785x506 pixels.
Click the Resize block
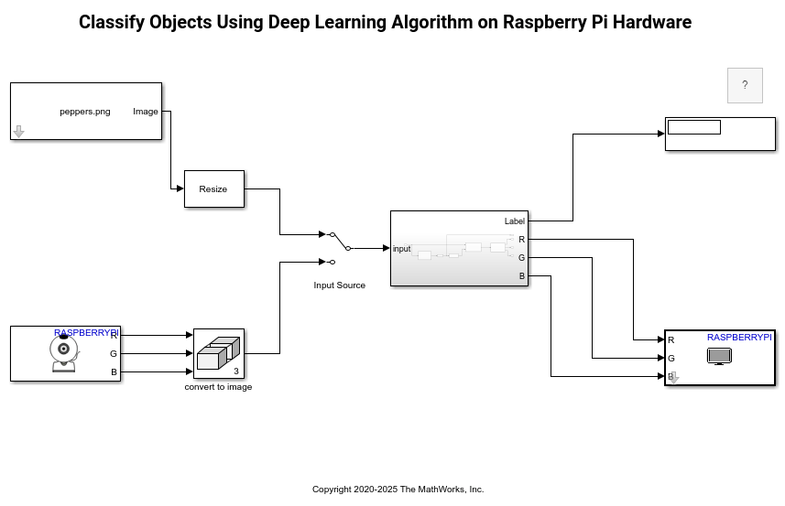213,189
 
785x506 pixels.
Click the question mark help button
745,85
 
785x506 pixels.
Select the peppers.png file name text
85,112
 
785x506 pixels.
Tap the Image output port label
145,112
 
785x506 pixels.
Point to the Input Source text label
339,285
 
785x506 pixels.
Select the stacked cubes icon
217,353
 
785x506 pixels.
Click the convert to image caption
218,387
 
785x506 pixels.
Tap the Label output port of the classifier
514,221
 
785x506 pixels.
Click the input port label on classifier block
401,249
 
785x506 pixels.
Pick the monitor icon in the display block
719,356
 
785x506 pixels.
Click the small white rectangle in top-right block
693,127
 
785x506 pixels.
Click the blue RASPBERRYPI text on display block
738,338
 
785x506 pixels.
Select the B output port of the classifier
522,276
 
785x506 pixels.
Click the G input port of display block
671,359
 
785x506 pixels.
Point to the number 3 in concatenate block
236,371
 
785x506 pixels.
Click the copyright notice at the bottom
398,490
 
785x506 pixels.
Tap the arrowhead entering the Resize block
180,188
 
